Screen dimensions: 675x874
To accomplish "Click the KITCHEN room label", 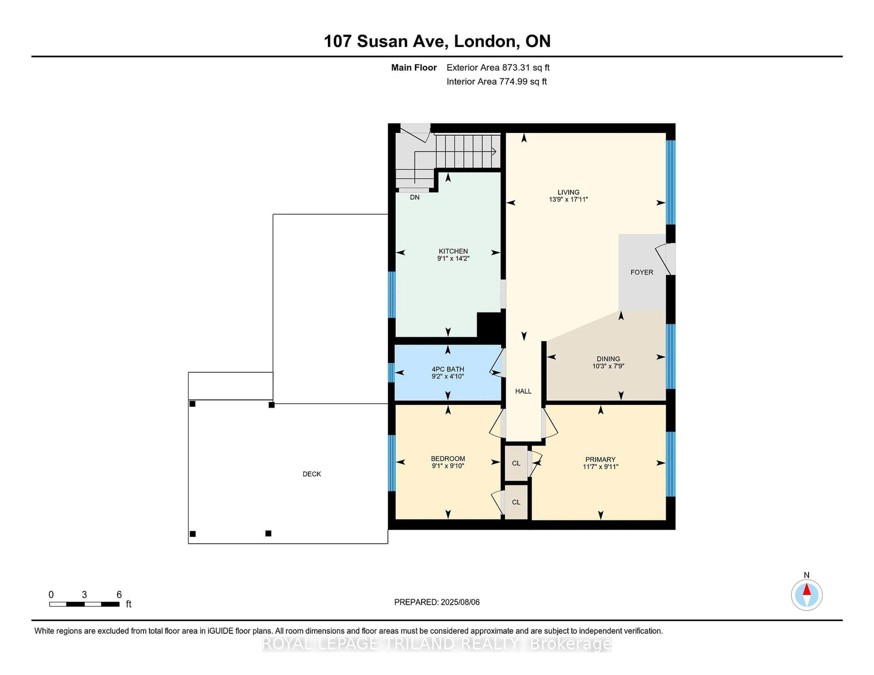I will [x=453, y=251].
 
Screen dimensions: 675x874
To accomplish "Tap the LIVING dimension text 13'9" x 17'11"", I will [x=568, y=199].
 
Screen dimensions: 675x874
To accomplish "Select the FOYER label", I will [x=641, y=272].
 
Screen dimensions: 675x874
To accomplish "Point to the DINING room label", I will [x=608, y=359].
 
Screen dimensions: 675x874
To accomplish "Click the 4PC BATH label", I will [x=447, y=369].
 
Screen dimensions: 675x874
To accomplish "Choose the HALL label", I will [x=523, y=391].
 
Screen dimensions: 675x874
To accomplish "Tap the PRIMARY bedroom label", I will [x=600, y=459].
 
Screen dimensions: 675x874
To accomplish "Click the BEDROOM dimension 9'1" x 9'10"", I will [x=448, y=466].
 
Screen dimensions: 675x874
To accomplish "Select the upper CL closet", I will [x=516, y=463].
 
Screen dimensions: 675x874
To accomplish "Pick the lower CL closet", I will [x=516, y=502].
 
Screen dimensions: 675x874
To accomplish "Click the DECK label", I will [x=311, y=474].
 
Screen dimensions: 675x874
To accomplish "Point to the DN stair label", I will [x=415, y=197].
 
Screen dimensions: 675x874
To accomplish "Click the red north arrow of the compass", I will [x=806, y=590].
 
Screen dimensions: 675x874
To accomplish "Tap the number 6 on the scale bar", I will [x=119, y=595].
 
